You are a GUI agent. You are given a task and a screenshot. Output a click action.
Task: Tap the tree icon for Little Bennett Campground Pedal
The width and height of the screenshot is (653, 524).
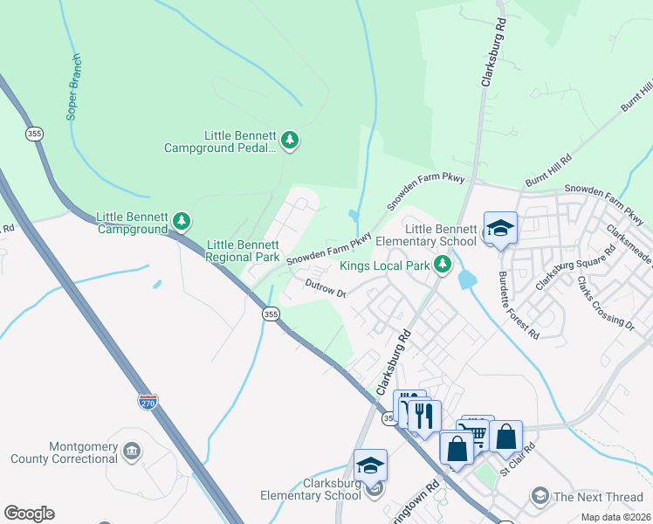click(x=290, y=140)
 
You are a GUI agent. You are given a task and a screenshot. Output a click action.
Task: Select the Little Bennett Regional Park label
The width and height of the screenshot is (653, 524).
click(x=242, y=252)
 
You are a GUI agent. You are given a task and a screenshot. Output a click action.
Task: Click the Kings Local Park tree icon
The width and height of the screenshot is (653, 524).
click(x=444, y=264)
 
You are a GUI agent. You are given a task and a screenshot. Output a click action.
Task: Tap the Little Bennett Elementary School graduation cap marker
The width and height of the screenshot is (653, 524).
click(x=499, y=229)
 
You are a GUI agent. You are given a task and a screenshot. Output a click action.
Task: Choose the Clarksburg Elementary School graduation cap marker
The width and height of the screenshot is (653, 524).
click(x=370, y=465)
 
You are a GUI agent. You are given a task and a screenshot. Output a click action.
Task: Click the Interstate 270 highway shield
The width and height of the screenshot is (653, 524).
click(x=148, y=403)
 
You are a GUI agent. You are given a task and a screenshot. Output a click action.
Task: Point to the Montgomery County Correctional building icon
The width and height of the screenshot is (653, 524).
click(x=132, y=452)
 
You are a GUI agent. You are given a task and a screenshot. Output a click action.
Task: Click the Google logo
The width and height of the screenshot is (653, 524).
click(x=29, y=514)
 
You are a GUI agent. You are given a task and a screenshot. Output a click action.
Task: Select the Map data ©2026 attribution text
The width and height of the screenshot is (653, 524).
click(x=615, y=517)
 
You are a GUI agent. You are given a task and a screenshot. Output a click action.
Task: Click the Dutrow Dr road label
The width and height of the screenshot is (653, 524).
click(x=326, y=288)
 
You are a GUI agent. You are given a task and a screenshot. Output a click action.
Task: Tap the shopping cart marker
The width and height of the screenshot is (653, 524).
click(x=478, y=431)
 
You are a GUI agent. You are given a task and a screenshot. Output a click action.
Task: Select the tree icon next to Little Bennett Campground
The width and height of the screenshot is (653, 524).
click(x=182, y=222)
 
